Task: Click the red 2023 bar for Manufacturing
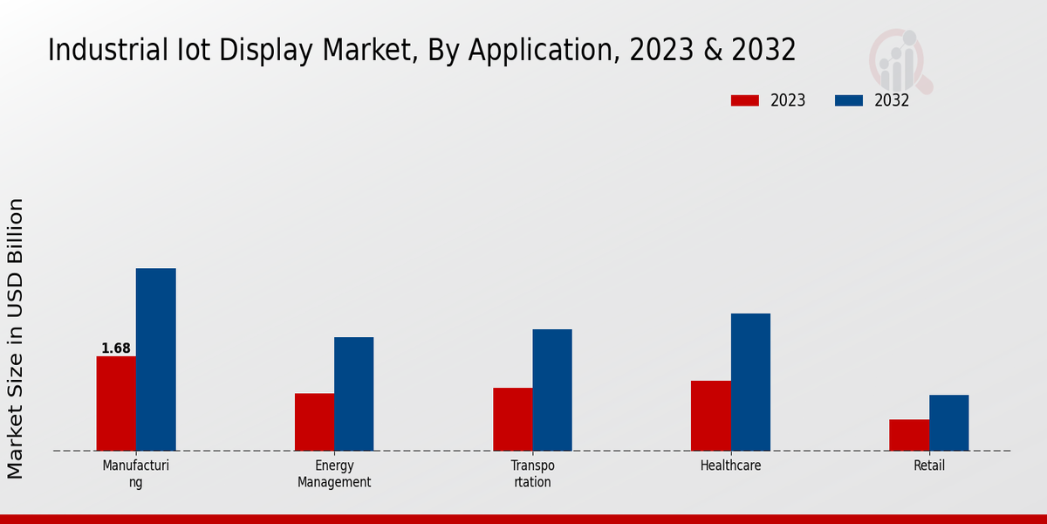click(116, 403)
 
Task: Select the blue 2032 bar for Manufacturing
click(155, 360)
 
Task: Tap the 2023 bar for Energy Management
click(314, 422)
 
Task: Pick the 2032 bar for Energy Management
click(353, 394)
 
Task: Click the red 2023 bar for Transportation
click(512, 419)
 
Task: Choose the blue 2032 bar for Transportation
click(552, 390)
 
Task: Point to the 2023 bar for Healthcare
click(710, 416)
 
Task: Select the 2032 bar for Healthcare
click(750, 383)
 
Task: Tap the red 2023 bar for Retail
click(908, 435)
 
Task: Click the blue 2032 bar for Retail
click(948, 423)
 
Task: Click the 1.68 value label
click(116, 348)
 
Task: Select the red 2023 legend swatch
click(744, 100)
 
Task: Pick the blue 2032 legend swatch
click(848, 100)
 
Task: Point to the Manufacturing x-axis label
click(135, 473)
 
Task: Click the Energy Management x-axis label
click(334, 473)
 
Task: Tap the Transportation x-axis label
click(532, 473)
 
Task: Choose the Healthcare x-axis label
click(730, 465)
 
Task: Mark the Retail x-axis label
click(929, 465)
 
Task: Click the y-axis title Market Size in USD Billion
click(16, 338)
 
